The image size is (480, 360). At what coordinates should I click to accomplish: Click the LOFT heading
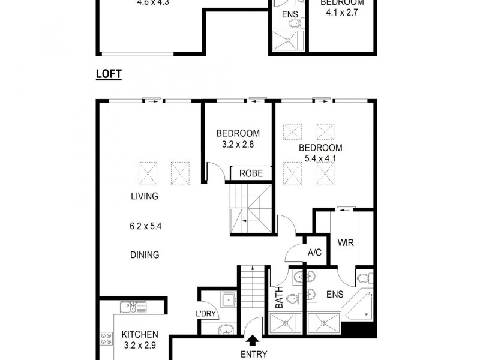click(x=109, y=74)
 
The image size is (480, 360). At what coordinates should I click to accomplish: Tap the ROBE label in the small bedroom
click(x=251, y=173)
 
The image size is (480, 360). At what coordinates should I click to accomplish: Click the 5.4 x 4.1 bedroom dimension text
click(x=320, y=160)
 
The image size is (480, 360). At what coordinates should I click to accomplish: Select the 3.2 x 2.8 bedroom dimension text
click(x=238, y=145)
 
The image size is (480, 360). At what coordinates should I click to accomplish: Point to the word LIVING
click(x=145, y=196)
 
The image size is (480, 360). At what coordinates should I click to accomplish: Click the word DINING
click(x=145, y=255)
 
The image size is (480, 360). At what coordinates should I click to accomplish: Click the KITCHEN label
click(x=140, y=334)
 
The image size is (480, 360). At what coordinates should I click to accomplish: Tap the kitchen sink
click(x=133, y=307)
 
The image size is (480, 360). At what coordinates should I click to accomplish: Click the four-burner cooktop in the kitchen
click(x=106, y=338)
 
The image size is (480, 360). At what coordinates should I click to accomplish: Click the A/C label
click(x=314, y=253)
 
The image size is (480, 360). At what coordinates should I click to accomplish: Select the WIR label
click(x=344, y=244)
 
